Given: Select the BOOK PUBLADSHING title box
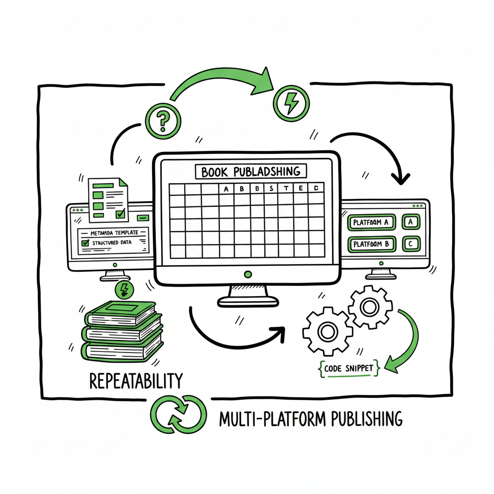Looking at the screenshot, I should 251,172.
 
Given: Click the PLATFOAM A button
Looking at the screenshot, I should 371,222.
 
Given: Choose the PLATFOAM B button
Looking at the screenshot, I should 371,244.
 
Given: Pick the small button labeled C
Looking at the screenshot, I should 411,244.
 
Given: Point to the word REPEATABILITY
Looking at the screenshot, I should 137,381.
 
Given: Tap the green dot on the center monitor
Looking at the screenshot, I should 248,274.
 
